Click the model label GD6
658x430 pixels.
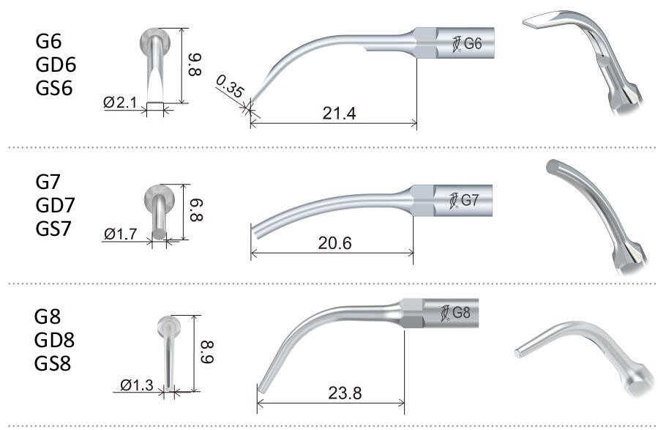pos(56,64)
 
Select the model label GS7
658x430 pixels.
pos(55,229)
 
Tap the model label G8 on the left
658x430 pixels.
pos(48,316)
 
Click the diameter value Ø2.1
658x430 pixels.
pos(120,103)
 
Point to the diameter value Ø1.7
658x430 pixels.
pos(120,234)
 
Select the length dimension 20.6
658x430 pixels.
pos(333,243)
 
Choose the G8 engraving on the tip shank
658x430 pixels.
pos(461,313)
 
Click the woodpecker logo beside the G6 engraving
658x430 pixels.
pos(456,44)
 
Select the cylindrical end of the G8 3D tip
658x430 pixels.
pos(519,352)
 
